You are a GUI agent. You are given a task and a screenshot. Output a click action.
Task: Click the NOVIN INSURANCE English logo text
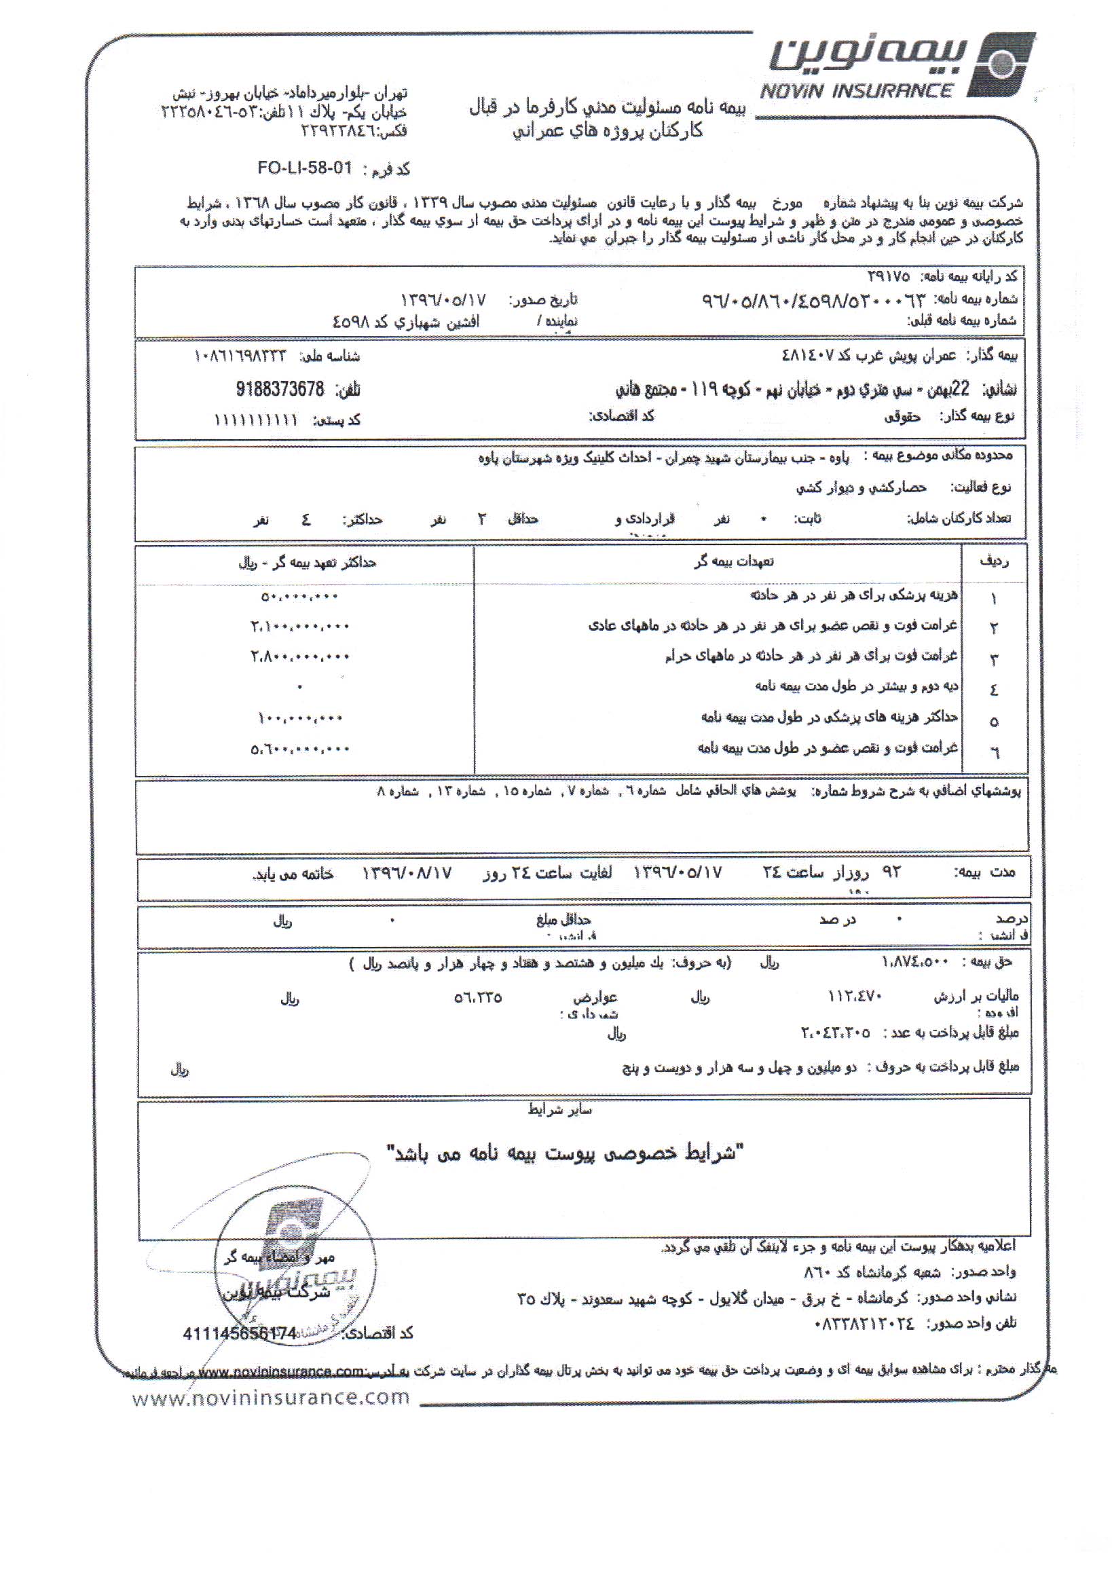tap(857, 92)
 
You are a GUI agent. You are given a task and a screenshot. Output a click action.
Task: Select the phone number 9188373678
tap(280, 390)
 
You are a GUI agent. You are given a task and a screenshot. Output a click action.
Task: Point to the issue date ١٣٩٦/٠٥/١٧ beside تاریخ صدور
tap(443, 300)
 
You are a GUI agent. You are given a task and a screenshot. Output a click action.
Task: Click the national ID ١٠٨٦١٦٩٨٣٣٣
tap(240, 356)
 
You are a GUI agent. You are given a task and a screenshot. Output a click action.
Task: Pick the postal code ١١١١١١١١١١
tap(255, 420)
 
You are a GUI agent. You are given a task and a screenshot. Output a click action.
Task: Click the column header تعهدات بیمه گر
tap(733, 562)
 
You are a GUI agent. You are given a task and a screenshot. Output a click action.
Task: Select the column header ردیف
tap(994, 562)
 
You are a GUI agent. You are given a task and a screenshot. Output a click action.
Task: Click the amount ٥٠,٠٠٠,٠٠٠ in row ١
tap(299, 597)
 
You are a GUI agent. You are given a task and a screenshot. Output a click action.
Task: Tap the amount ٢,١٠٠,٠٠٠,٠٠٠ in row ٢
tap(299, 627)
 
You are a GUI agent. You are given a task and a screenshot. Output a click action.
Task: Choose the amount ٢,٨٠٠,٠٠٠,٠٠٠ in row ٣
tap(299, 656)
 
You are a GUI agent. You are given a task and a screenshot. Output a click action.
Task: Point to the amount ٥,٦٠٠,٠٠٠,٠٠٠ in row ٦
tap(299, 749)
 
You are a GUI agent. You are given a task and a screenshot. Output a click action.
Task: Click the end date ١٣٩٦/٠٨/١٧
tap(407, 873)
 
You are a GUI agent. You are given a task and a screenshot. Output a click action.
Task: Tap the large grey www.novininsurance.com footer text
tap(271, 1396)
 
